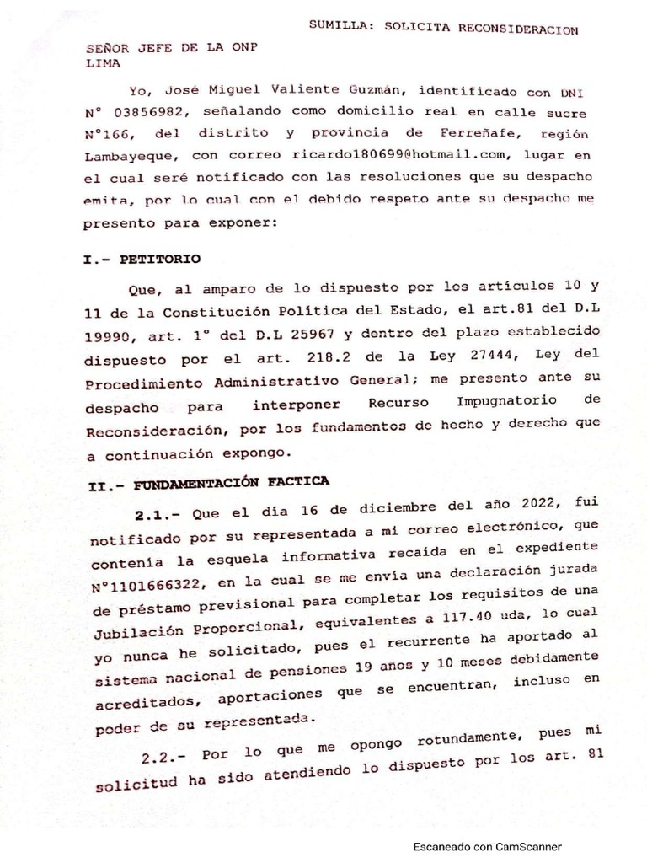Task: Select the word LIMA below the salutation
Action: coord(104,63)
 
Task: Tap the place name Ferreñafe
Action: coord(450,134)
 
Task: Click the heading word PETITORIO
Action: coord(161,257)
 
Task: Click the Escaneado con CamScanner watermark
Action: coord(486,847)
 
